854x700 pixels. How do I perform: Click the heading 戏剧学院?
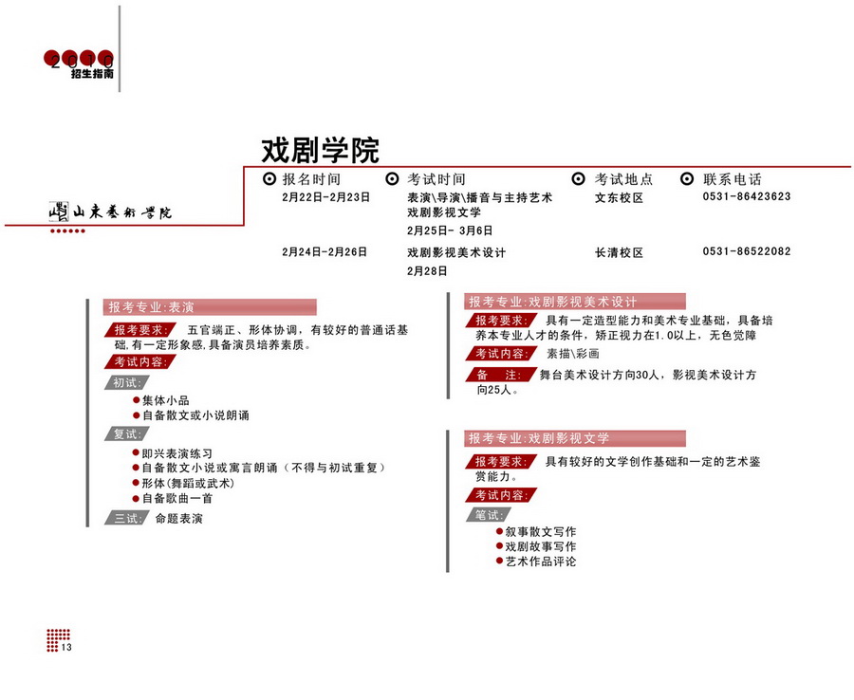click(320, 150)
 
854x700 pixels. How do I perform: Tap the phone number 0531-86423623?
click(747, 197)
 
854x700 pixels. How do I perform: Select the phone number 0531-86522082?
click(747, 252)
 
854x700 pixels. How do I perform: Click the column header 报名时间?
click(311, 178)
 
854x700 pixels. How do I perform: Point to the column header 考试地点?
click(623, 178)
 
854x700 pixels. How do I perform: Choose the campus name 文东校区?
click(619, 198)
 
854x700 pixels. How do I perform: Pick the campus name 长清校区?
click(619, 253)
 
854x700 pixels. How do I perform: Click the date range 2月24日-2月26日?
click(325, 252)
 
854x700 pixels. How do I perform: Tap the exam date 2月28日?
click(427, 270)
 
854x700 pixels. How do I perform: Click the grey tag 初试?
click(126, 382)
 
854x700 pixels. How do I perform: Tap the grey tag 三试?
click(126, 518)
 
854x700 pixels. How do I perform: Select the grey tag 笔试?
click(489, 515)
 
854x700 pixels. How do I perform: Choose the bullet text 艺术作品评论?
click(541, 562)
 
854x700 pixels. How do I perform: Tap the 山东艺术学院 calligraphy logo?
click(111, 212)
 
